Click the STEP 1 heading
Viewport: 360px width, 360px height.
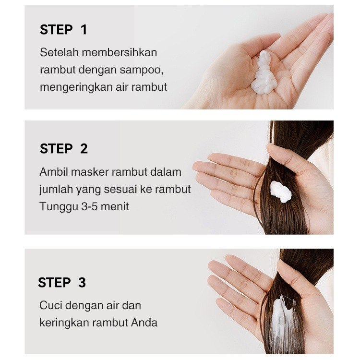(63, 30)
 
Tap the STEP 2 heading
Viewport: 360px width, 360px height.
(63, 148)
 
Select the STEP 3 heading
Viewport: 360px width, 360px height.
(62, 282)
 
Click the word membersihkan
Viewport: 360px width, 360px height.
(120, 52)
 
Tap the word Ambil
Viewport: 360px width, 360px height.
(54, 172)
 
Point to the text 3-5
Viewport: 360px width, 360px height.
(90, 206)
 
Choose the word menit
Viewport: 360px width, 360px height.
(115, 206)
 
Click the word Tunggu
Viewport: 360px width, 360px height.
(59, 207)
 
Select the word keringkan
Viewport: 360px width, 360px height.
(64, 323)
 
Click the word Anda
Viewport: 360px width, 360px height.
(144, 323)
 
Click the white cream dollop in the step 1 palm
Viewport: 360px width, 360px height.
(264, 73)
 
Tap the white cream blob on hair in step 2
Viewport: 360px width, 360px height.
(280, 192)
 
